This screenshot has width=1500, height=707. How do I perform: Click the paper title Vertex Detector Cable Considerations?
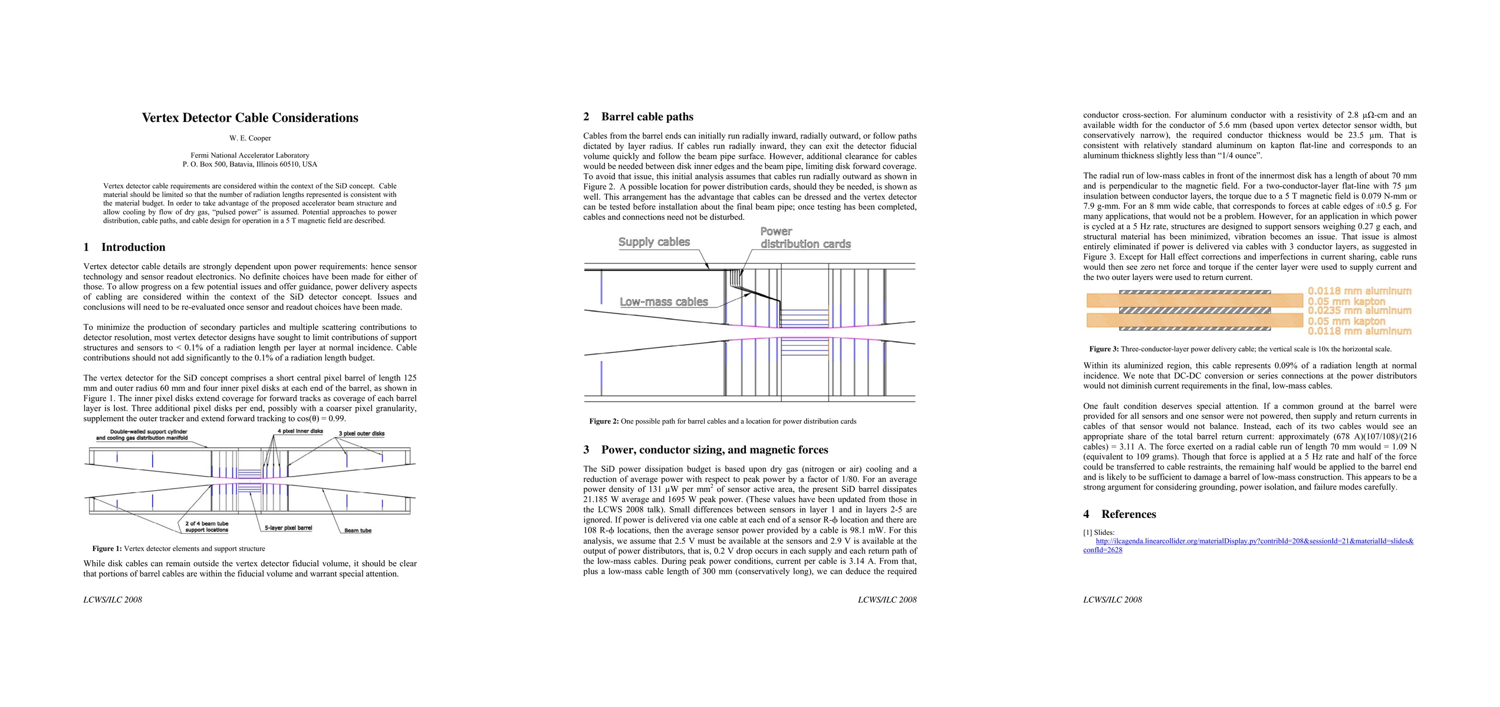pos(249,118)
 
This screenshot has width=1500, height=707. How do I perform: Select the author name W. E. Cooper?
pos(250,138)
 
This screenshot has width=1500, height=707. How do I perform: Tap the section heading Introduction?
pos(133,247)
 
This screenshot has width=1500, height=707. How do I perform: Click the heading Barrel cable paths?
pos(647,117)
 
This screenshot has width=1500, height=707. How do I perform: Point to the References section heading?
pos(1128,514)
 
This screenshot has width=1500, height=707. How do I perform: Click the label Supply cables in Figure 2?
pos(654,242)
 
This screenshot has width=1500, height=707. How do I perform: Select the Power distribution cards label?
pos(805,238)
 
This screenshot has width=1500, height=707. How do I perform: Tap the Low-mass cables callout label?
pos(663,302)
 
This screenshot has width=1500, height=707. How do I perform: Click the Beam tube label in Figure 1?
pos(357,531)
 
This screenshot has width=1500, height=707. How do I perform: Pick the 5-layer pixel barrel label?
pos(288,528)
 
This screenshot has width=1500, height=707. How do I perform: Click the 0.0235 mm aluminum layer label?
pos(1359,310)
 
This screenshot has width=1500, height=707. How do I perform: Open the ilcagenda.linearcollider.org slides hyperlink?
pos(1254,541)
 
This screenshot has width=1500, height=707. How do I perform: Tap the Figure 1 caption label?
pos(107,549)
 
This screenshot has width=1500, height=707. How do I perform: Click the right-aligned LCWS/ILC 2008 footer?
pos(887,600)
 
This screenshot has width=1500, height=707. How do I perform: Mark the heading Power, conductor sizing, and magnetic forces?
pos(714,450)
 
